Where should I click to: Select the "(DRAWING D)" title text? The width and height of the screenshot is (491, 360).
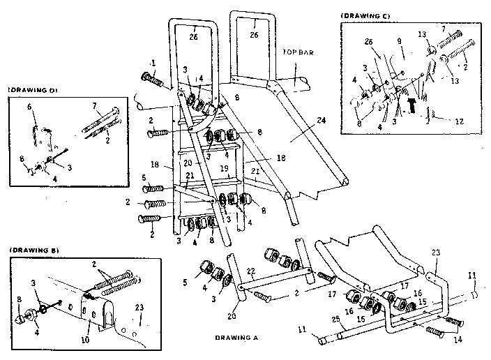click(31, 90)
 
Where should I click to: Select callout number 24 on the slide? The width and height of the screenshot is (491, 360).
click(320, 120)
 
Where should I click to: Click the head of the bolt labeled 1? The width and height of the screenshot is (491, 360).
click(148, 79)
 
